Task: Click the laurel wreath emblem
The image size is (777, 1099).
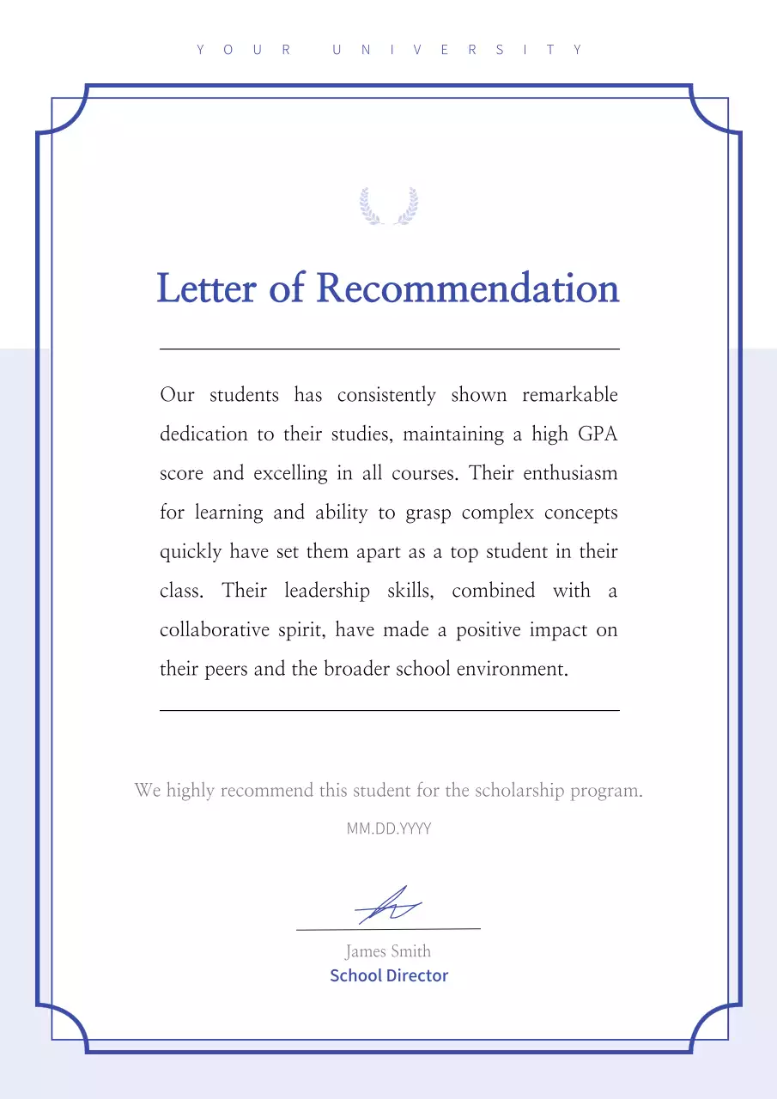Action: pos(389,206)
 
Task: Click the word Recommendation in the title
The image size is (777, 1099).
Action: pos(467,288)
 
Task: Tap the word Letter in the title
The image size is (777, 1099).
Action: pos(206,288)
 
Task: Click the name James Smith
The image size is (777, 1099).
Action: pos(388,951)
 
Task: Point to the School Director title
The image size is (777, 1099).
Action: pos(389,975)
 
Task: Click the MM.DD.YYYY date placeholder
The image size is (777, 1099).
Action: pos(389,829)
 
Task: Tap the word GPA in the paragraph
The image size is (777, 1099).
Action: pos(598,434)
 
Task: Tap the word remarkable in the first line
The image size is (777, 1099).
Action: pos(569,395)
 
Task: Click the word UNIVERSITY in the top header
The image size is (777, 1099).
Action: pos(458,50)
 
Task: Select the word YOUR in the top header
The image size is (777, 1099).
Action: pos(245,50)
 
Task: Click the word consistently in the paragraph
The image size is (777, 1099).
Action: pos(386,395)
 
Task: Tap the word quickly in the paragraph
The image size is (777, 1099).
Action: pos(191,552)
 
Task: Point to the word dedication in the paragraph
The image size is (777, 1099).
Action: pos(203,434)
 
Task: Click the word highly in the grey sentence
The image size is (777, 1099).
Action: pos(191,791)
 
